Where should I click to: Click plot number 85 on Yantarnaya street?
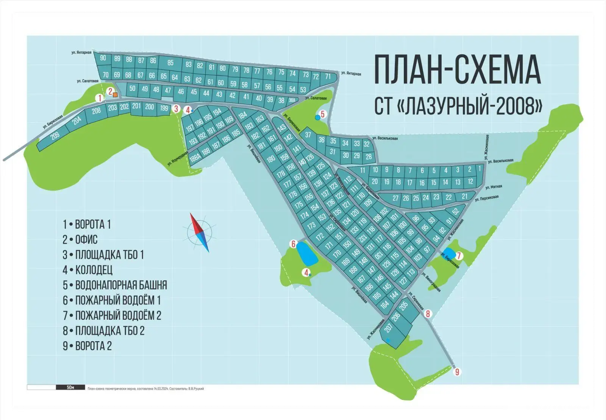tap(170, 63)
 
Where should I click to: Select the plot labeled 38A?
tap(292, 100)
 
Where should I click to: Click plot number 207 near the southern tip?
tap(388, 328)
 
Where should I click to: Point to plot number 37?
tap(308, 135)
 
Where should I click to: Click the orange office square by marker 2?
tap(115, 95)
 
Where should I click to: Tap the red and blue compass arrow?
tap(200, 232)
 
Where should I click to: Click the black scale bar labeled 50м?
tap(70, 387)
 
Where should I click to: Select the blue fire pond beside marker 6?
tap(306, 253)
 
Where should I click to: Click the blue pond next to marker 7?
tap(449, 253)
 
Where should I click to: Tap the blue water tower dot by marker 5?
tap(317, 117)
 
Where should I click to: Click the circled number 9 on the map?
tap(457, 372)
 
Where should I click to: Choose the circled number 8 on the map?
tap(428, 314)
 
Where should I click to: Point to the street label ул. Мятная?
tap(494, 187)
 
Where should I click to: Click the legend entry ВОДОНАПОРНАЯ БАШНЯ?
tap(121, 285)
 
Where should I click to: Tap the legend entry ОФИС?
tap(86, 240)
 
